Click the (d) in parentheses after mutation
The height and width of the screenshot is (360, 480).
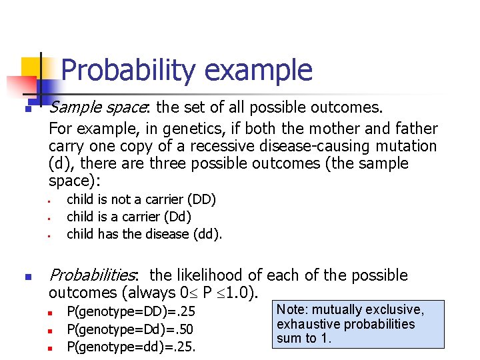[58, 164]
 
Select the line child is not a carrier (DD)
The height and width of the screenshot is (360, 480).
[141, 199]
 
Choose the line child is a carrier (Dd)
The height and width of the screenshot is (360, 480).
[129, 217]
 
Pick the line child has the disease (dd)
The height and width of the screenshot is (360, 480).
[145, 234]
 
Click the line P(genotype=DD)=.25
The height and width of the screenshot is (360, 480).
[131, 311]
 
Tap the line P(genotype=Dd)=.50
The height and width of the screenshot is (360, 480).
[131, 329]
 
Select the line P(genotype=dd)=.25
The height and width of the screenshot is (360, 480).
[132, 346]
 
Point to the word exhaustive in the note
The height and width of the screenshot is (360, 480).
[307, 325]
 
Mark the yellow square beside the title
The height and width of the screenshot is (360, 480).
[31, 67]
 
